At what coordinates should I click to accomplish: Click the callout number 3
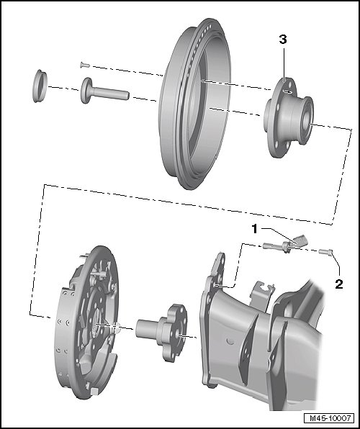[283, 40]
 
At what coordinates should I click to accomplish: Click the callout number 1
[255, 229]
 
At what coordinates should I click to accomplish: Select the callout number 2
[339, 284]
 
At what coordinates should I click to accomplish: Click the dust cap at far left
[40, 86]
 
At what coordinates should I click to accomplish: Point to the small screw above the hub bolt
[85, 65]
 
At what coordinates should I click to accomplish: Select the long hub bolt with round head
[104, 91]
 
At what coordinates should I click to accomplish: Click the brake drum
[194, 104]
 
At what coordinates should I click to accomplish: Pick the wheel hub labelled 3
[289, 117]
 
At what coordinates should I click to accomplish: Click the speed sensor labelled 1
[286, 244]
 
